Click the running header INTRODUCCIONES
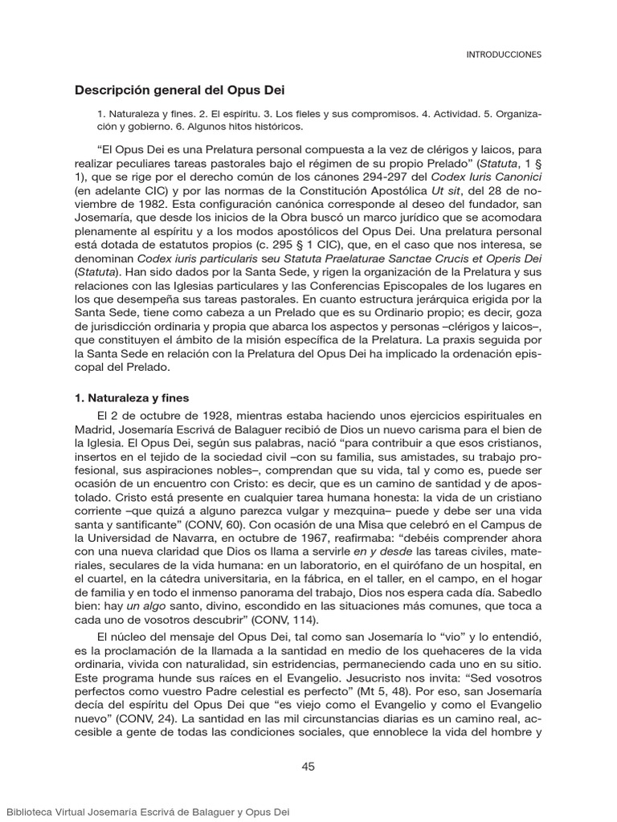[504, 55]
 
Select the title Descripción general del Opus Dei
[180, 90]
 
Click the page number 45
[308, 766]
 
